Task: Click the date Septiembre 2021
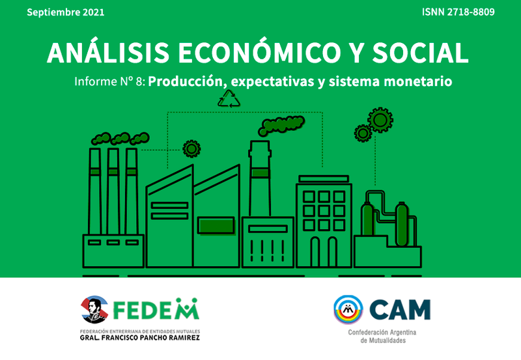(66, 12)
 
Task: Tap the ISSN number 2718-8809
(471, 12)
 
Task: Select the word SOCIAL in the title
(420, 53)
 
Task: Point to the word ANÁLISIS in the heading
(108, 52)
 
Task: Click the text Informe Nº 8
(109, 81)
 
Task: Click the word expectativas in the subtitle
(272, 82)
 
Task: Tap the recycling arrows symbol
(229, 99)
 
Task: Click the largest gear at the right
(380, 120)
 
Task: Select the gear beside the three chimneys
(191, 149)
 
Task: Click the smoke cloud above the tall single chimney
(281, 126)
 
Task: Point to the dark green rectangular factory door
(216, 225)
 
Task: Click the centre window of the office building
(324, 211)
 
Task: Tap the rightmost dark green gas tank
(401, 224)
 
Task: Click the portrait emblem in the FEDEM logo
(94, 309)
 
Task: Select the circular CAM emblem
(348, 309)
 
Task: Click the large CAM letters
(400, 310)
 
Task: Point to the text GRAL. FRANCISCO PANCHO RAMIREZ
(140, 338)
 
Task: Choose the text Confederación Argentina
(382, 333)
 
